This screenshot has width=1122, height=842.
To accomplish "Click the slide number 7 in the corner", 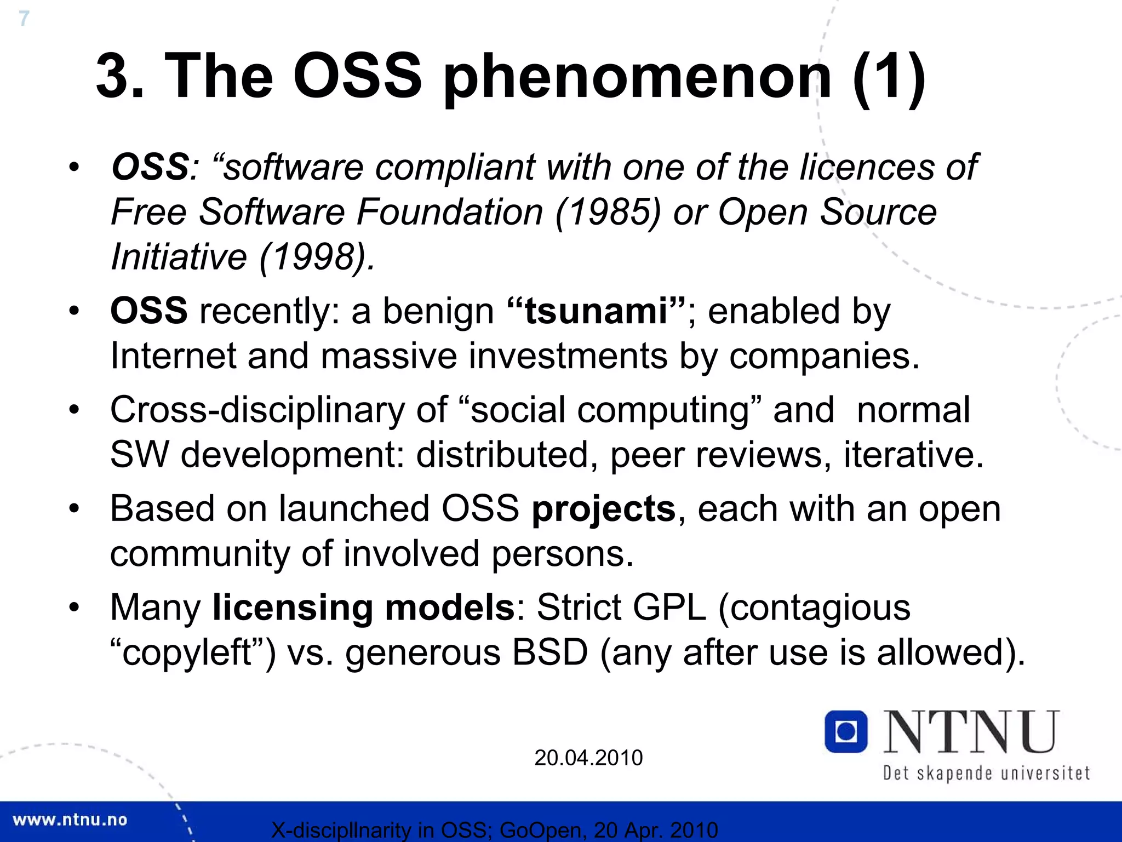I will tap(24, 19).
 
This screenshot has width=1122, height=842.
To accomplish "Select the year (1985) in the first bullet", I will tap(608, 213).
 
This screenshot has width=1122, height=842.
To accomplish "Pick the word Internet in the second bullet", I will tap(173, 356).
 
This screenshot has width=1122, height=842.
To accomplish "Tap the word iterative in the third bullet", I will tap(913, 455).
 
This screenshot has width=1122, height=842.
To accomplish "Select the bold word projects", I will tap(604, 509).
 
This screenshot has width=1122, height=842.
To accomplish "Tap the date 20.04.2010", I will tap(588, 758).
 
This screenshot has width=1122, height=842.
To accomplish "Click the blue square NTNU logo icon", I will tap(846, 731).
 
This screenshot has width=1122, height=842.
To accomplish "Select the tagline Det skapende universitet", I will tap(986, 773).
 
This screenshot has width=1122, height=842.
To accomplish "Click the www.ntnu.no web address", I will tap(70, 820).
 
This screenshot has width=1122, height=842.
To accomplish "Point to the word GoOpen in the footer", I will tap(540, 830).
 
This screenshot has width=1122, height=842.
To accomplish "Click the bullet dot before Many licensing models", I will tap(75, 608).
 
